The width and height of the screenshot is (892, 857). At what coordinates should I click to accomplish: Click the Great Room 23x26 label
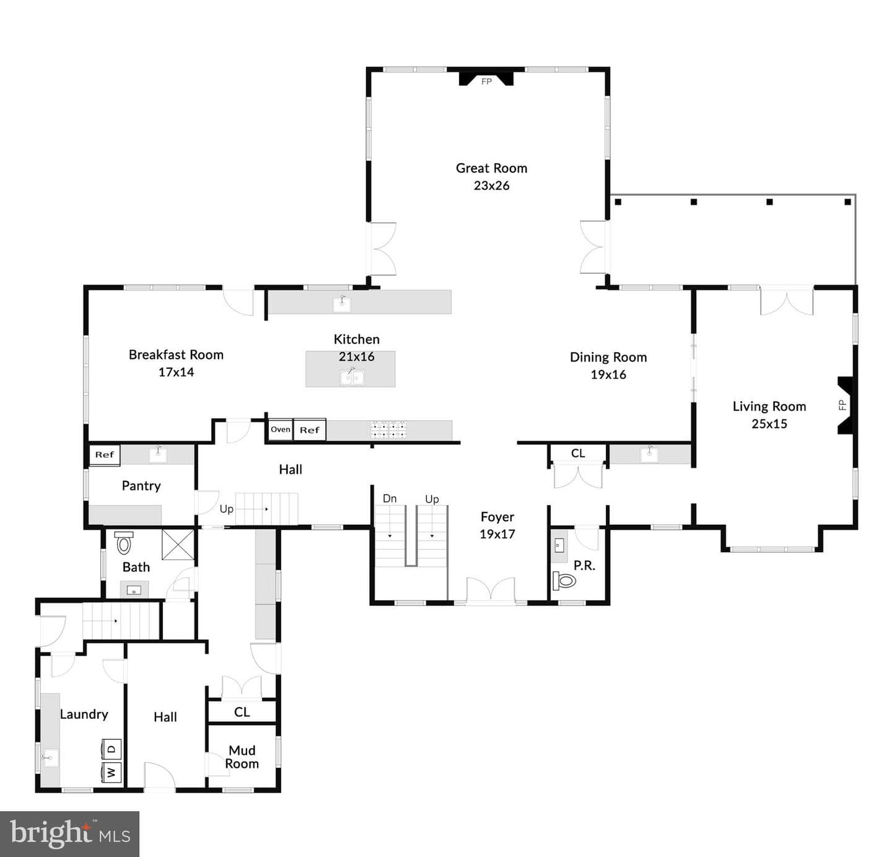(491, 177)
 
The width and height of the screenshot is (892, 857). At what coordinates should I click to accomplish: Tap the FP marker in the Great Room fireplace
(486, 82)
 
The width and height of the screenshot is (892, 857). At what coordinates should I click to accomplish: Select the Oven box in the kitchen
(280, 429)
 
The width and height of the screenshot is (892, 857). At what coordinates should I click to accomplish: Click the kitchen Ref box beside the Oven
(309, 429)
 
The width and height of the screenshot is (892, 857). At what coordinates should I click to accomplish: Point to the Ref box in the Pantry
(105, 455)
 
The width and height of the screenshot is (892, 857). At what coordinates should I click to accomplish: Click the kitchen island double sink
(352, 377)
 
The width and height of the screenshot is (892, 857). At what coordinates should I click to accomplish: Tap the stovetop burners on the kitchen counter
(389, 429)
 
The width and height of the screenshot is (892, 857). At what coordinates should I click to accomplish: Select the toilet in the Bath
(124, 543)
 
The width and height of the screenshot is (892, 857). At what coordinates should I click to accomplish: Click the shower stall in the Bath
(178, 544)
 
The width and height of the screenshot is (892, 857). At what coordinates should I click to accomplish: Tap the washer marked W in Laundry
(111, 773)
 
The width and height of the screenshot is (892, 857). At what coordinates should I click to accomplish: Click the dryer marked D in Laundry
(111, 750)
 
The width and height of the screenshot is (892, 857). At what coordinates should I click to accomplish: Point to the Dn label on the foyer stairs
(390, 498)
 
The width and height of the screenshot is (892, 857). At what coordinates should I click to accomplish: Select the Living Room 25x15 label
(769, 415)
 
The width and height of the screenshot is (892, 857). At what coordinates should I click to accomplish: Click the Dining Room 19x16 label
(608, 366)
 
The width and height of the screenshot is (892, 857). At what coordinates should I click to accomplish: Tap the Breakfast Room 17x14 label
(176, 363)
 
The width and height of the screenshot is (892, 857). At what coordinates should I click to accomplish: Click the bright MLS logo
(69, 833)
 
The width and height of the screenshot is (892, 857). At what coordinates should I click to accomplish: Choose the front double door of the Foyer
(491, 591)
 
